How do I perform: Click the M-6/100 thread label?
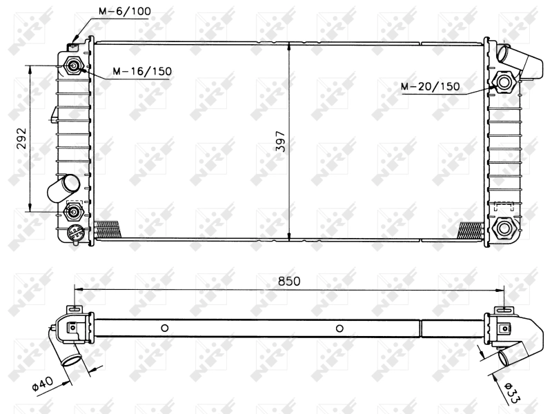124,12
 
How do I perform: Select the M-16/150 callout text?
134,71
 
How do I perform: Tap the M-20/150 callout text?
430,86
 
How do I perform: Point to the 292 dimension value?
21,139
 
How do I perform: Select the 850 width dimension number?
289,282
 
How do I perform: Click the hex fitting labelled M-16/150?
74,66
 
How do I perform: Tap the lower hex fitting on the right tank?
504,227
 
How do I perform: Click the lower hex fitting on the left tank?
73,211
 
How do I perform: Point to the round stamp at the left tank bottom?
75,233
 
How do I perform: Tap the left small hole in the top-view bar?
164,328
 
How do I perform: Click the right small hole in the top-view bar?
339,328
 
